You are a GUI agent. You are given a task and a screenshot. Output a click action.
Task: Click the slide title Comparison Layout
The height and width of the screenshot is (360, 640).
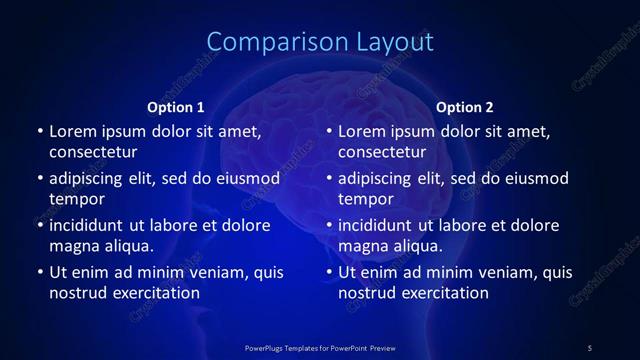click(x=320, y=42)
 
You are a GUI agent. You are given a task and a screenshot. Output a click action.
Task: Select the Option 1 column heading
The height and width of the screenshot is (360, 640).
click(x=175, y=107)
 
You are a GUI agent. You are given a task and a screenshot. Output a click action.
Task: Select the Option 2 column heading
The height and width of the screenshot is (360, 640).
click(x=465, y=107)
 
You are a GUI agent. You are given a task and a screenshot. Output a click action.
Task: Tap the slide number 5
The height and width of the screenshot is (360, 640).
click(x=590, y=347)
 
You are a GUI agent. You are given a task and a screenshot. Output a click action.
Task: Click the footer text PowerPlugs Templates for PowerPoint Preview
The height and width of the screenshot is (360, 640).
click(x=320, y=347)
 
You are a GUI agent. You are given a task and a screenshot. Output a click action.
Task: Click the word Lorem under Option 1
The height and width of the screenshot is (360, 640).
click(x=73, y=131)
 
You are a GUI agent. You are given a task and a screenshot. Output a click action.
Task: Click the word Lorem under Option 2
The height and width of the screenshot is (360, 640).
click(x=363, y=131)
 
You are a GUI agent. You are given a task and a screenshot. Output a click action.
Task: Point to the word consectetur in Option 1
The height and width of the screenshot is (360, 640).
click(x=93, y=152)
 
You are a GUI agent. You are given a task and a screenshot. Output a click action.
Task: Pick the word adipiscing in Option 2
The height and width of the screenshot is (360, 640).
click(x=377, y=178)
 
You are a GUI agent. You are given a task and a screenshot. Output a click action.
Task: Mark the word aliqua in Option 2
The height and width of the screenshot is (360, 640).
click(x=418, y=246)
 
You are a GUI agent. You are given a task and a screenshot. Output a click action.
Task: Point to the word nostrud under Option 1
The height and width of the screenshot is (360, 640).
click(x=77, y=293)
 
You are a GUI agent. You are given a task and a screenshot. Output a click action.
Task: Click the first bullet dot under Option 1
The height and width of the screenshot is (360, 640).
click(x=39, y=131)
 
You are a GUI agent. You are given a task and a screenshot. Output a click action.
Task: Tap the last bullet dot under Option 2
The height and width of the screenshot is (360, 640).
click(x=329, y=272)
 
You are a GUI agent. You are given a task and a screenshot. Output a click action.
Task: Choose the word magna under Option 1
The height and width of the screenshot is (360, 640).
click(x=73, y=246)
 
